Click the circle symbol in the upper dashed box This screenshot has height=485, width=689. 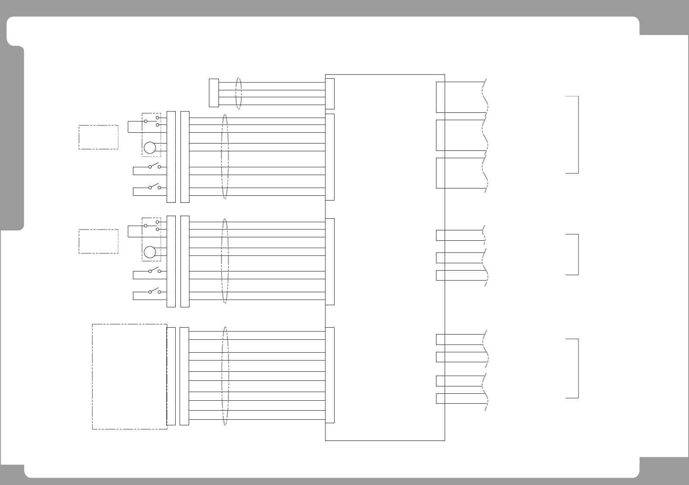tap(150, 147)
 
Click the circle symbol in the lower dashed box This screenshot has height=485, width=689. tap(150, 252)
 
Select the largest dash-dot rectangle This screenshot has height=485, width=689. tap(130, 377)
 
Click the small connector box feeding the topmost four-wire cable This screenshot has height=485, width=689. tap(214, 93)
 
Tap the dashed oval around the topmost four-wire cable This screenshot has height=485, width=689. tap(238, 93)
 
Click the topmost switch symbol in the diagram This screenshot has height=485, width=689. tap(154, 166)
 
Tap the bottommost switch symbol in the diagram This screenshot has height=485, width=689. tap(154, 291)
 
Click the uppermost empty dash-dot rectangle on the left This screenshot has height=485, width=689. tap(98, 137)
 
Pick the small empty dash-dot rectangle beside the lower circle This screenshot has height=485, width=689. tap(98, 241)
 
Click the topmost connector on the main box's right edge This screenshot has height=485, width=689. tap(440, 97)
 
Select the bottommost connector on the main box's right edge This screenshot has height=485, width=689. tap(440, 398)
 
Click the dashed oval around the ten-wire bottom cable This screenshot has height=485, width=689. tap(224, 376)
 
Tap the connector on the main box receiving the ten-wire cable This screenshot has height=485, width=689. tap(330, 375)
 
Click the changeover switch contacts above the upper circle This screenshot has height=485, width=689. tap(152, 121)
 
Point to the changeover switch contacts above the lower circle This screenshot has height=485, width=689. tap(152, 225)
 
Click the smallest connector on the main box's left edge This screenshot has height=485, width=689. tap(330, 93)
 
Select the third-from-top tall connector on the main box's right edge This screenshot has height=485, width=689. tap(440, 173)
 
